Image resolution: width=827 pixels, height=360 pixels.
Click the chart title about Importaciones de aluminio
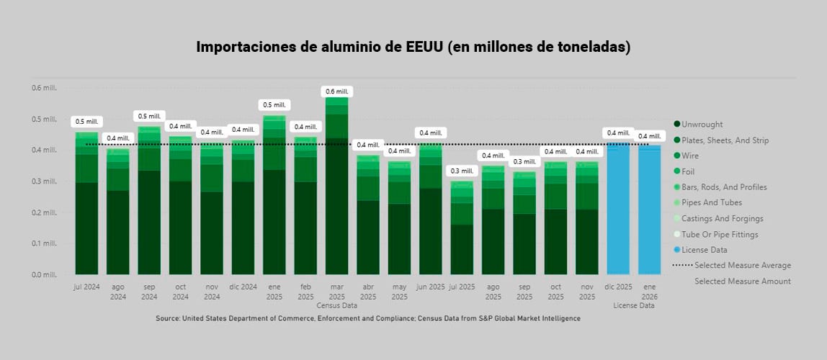click(x=413, y=48)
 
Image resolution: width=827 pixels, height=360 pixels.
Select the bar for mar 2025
click(x=336, y=187)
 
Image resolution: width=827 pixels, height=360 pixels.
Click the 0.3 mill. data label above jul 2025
click(x=462, y=171)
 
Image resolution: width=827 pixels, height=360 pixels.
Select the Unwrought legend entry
click(x=702, y=125)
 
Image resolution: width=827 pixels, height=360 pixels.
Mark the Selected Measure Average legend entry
click(x=742, y=266)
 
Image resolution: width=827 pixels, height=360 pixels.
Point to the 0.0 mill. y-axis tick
click(x=44, y=275)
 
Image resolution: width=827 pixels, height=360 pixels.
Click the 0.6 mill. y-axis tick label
click(x=44, y=88)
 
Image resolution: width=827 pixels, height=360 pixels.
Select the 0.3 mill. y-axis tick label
click(x=44, y=181)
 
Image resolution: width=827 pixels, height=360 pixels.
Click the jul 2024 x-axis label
click(x=86, y=287)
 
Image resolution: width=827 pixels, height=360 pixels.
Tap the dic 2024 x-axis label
click(x=243, y=287)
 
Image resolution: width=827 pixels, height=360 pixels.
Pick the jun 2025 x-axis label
click(x=430, y=287)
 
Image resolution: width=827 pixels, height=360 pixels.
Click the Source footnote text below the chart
click(x=367, y=318)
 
